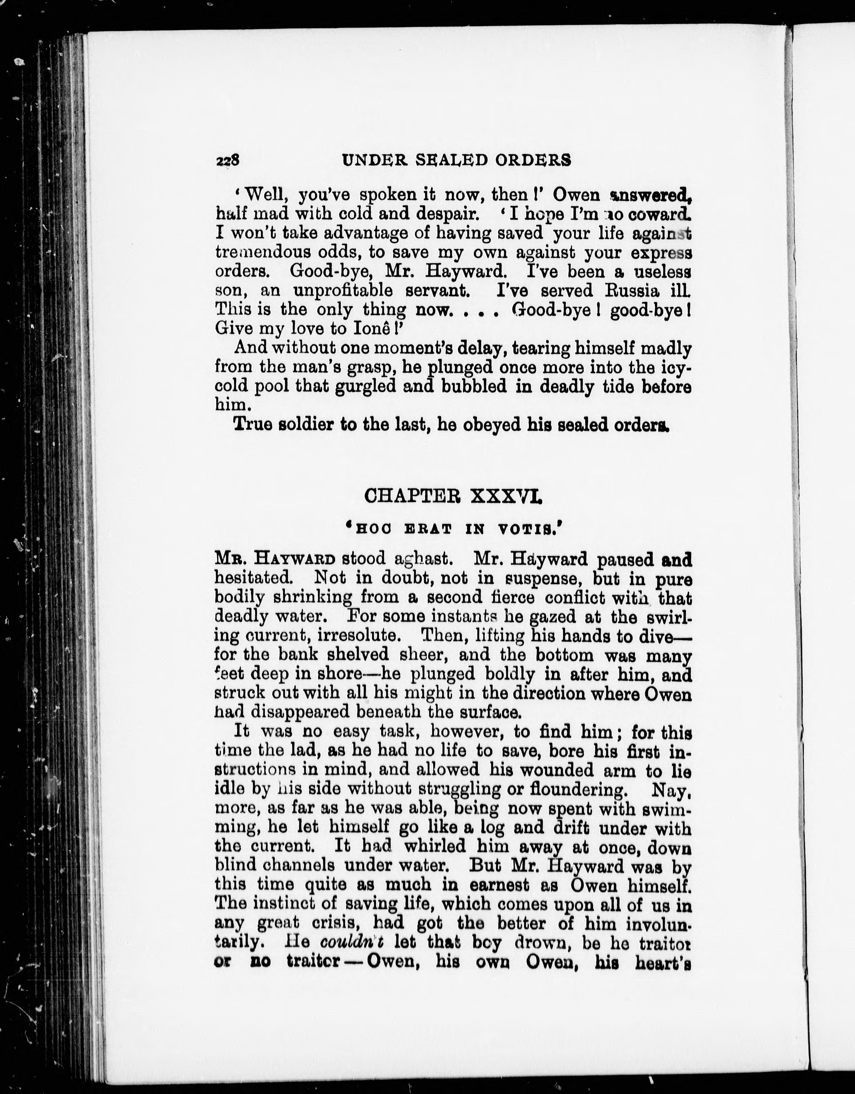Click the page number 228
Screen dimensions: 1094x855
(228, 160)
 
